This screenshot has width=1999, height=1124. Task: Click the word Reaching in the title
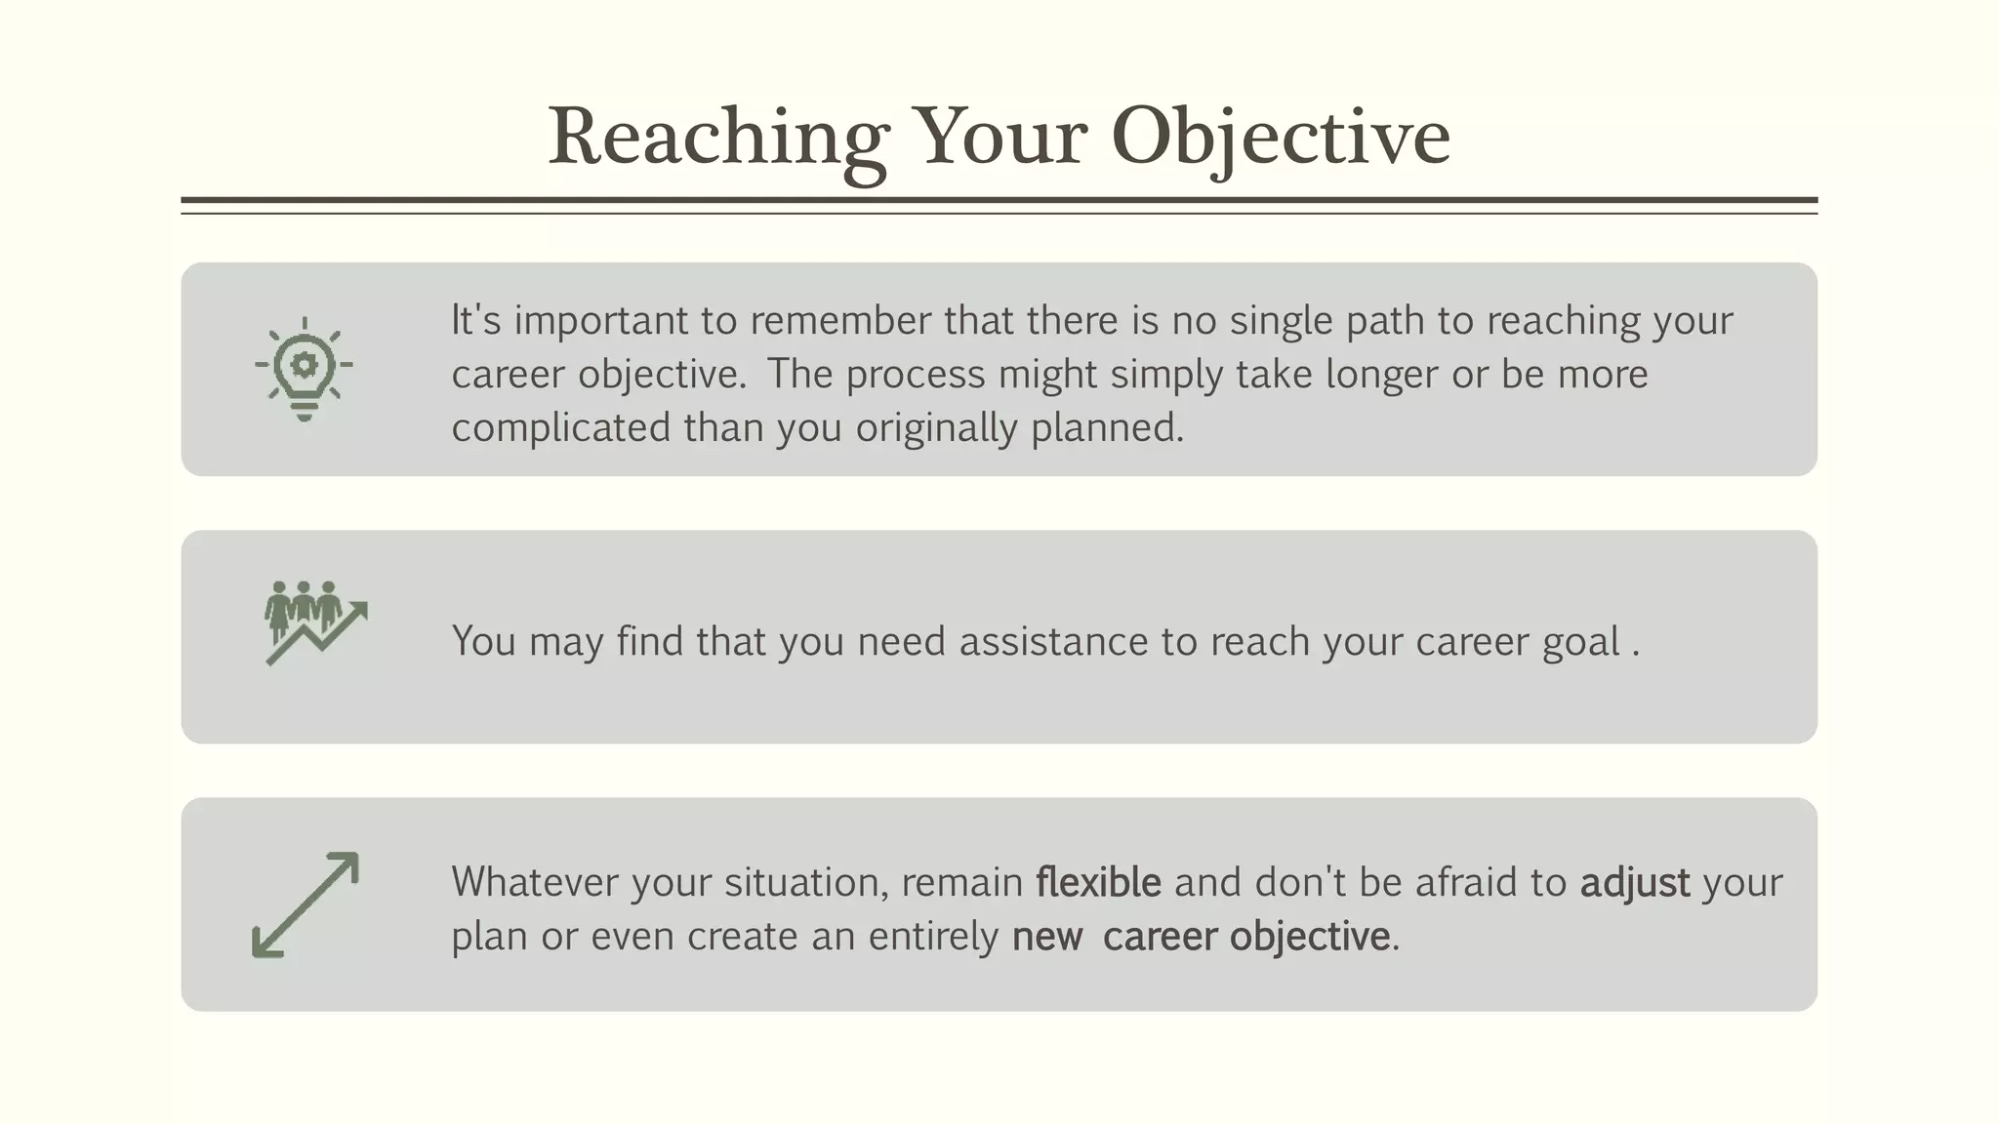(x=718, y=137)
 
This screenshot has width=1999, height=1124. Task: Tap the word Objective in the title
(x=1280, y=137)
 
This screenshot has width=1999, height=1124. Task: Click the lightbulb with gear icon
(x=304, y=368)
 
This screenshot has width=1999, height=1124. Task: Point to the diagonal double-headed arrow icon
(x=306, y=904)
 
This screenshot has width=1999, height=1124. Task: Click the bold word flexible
(x=1098, y=882)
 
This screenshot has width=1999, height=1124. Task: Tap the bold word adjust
(x=1635, y=882)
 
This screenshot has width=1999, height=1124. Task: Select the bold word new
(x=1046, y=937)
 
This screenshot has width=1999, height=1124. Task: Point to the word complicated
(x=560, y=428)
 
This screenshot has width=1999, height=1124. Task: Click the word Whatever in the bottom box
(x=535, y=882)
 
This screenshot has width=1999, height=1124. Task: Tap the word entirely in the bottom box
(x=933, y=937)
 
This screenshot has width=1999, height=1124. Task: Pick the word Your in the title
(x=999, y=137)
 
